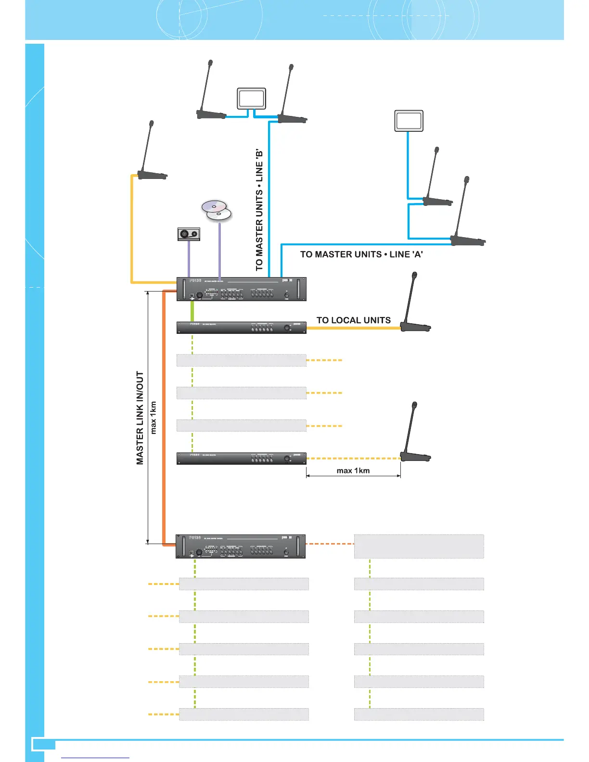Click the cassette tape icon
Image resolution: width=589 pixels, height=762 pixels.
(189, 234)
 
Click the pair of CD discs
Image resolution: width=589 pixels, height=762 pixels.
(217, 210)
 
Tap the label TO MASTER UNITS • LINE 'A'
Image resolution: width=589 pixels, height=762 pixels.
(361, 254)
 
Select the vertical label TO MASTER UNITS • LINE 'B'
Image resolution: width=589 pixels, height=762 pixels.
(259, 210)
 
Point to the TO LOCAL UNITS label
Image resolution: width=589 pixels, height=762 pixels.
(353, 320)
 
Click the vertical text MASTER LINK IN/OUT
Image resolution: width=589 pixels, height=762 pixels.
(140, 418)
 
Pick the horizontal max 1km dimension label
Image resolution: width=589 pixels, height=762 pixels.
(353, 470)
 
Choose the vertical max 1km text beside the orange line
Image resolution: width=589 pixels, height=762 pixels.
(154, 418)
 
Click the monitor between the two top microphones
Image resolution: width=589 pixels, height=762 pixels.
(251, 99)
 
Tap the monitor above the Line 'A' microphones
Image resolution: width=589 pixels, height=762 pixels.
(409, 121)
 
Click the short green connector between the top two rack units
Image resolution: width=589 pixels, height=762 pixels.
(192, 311)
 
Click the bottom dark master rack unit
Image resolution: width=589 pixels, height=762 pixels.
(241, 546)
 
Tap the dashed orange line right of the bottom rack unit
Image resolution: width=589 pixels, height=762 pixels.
(330, 544)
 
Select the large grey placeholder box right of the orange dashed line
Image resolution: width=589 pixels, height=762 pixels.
(419, 546)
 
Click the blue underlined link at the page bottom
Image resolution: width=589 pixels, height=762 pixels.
(96, 757)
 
